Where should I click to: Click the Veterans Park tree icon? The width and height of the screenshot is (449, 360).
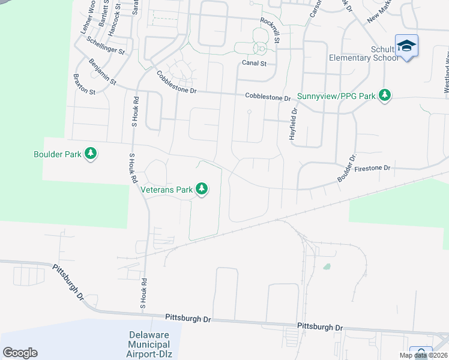tap(202, 190)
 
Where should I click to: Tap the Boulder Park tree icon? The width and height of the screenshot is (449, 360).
tap(91, 154)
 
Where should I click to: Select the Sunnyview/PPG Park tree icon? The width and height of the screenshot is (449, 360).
tap(385, 95)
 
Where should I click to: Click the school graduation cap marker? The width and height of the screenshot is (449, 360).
tap(406, 46)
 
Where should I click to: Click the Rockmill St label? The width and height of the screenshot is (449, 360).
tap(270, 29)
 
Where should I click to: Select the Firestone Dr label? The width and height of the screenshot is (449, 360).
tap(372, 169)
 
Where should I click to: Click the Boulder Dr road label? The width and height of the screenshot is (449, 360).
tap(346, 171)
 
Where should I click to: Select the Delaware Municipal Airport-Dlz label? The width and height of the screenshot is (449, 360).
tap(148, 344)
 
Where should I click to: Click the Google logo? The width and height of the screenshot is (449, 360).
tap(20, 352)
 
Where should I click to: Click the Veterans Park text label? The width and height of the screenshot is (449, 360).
tap(166, 190)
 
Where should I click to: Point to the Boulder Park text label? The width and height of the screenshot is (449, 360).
tap(57, 154)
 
